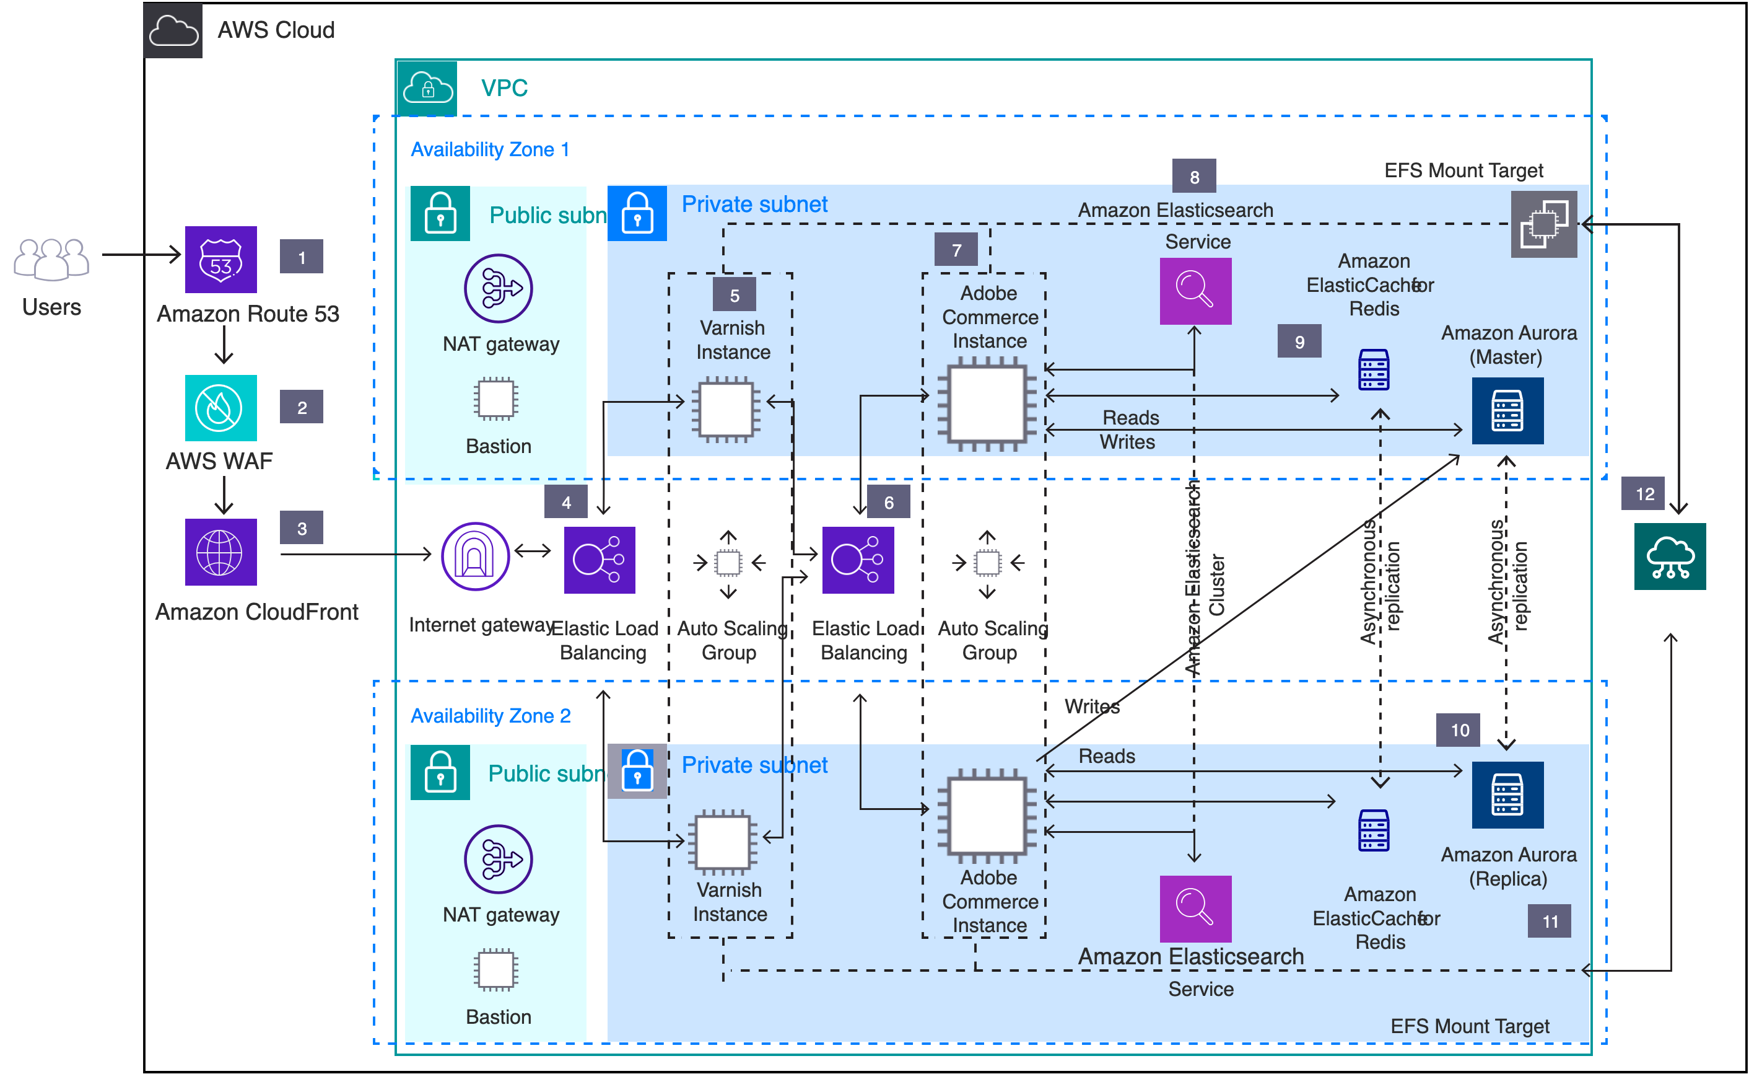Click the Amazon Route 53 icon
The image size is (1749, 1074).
pos(220,259)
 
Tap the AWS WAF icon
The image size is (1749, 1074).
pos(220,408)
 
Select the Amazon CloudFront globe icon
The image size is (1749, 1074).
pos(220,552)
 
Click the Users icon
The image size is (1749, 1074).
pos(51,258)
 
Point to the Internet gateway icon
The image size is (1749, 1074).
pos(475,556)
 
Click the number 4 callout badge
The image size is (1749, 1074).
pos(565,502)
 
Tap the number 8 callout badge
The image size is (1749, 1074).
pos(1194,176)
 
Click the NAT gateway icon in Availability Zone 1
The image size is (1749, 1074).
pos(499,288)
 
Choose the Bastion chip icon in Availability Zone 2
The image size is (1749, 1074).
pos(496,970)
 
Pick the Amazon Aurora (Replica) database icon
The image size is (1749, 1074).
pos(1507,795)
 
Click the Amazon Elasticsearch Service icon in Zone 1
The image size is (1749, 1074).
pos(1195,291)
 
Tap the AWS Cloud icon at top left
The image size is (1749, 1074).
pos(173,30)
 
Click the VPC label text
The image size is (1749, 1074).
pos(504,88)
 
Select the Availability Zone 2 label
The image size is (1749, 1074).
pos(490,715)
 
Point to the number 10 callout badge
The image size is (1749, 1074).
pos(1459,730)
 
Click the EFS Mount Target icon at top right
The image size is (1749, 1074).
pos(1544,224)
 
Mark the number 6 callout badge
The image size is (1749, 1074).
pos(889,502)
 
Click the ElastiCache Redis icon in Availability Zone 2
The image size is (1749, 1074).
pos(1374,830)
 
